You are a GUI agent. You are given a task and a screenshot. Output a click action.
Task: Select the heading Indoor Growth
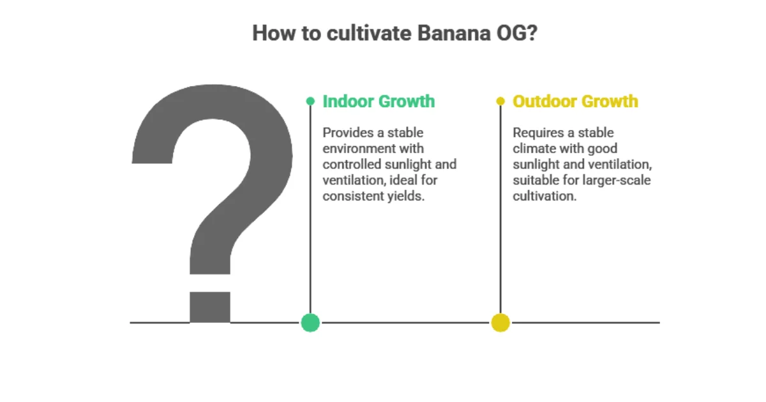coord(379,101)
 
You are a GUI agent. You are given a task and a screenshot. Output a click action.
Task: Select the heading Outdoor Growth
coord(575,101)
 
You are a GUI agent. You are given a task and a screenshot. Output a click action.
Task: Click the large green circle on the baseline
coord(310,323)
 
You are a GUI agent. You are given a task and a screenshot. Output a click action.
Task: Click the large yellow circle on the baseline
coord(500,323)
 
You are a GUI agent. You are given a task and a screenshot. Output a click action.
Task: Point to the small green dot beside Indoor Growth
coord(310,101)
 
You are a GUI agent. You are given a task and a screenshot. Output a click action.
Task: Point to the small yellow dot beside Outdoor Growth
coord(500,101)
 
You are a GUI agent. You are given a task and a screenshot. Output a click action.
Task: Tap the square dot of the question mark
coord(210,307)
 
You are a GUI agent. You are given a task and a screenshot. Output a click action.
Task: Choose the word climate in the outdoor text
coord(534,149)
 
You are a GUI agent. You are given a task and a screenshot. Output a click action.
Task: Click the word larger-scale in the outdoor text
coord(616,181)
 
